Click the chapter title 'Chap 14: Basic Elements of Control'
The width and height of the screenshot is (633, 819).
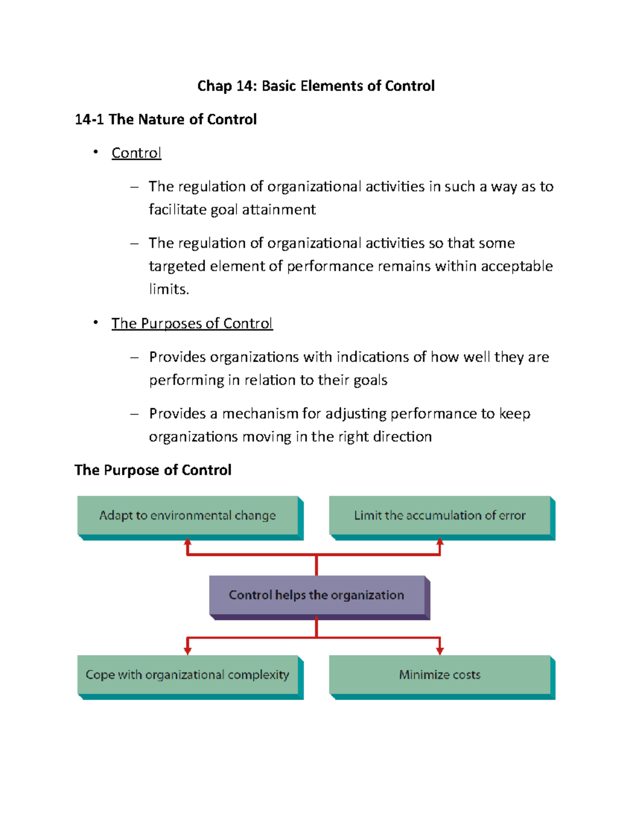point(315,86)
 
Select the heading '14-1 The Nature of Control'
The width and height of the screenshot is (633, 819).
point(166,120)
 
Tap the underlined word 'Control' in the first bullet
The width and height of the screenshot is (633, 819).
point(136,153)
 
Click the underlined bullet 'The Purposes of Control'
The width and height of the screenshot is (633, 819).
point(192,323)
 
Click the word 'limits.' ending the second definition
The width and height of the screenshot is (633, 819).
point(169,289)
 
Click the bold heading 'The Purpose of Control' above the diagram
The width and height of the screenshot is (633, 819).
point(153,470)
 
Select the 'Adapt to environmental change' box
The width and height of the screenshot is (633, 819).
point(188,516)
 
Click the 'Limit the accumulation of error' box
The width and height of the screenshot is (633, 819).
point(439,516)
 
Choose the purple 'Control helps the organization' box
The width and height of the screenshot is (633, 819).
point(316,595)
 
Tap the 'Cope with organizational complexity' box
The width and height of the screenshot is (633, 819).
point(188,675)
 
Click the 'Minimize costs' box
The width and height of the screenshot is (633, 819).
point(439,675)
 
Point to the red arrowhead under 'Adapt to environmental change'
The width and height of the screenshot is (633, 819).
point(187,542)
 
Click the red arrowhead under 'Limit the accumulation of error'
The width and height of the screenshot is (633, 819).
point(440,542)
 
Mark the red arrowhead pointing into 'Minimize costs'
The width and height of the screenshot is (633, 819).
point(440,651)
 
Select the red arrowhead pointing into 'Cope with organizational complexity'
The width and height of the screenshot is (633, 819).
point(187,651)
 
